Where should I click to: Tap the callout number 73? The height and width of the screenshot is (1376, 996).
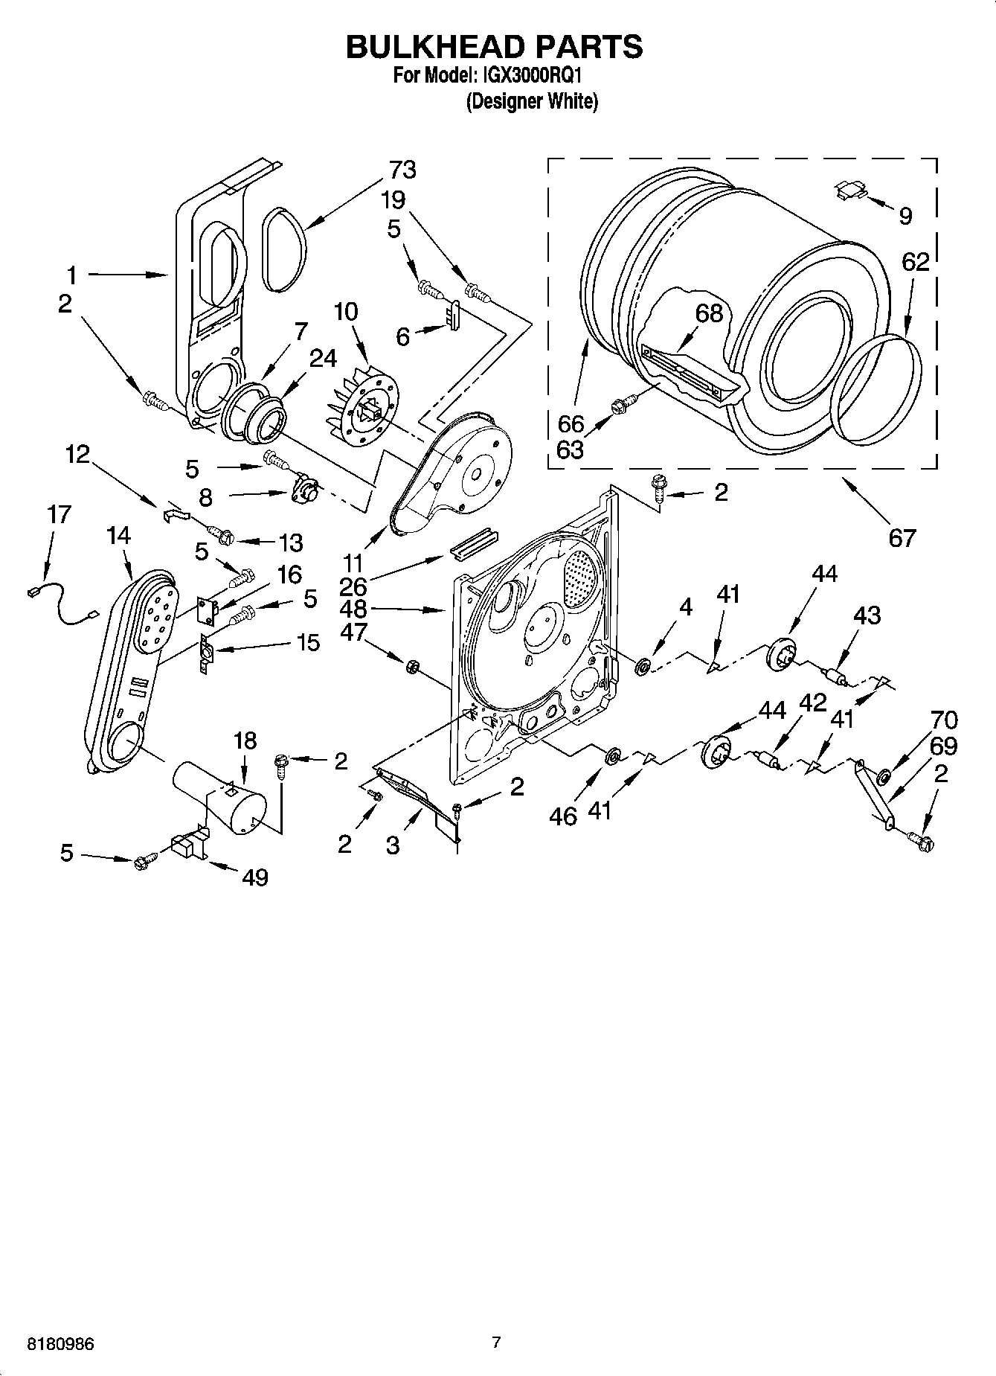(x=402, y=170)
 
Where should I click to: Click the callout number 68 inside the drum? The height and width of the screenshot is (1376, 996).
(x=709, y=313)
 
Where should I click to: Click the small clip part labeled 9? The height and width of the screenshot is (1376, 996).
(x=849, y=190)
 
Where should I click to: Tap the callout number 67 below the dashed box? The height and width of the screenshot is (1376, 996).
(x=902, y=537)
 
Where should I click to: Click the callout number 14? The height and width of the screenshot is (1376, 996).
(x=118, y=535)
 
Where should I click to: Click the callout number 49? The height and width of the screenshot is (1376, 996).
(x=254, y=877)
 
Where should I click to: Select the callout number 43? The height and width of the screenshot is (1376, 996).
(x=867, y=615)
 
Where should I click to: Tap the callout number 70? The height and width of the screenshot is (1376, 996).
(x=943, y=720)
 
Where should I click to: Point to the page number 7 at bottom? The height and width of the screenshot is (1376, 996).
(x=496, y=1343)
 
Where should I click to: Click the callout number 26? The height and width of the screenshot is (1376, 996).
(x=353, y=586)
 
